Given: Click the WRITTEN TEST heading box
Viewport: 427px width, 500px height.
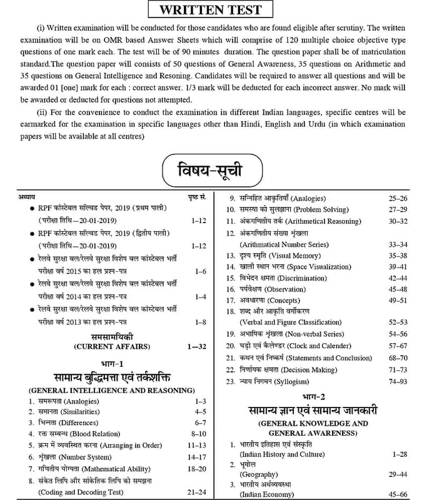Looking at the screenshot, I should pos(214,11).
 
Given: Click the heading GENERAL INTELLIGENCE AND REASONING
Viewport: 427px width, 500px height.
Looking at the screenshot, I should pos(108,390).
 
